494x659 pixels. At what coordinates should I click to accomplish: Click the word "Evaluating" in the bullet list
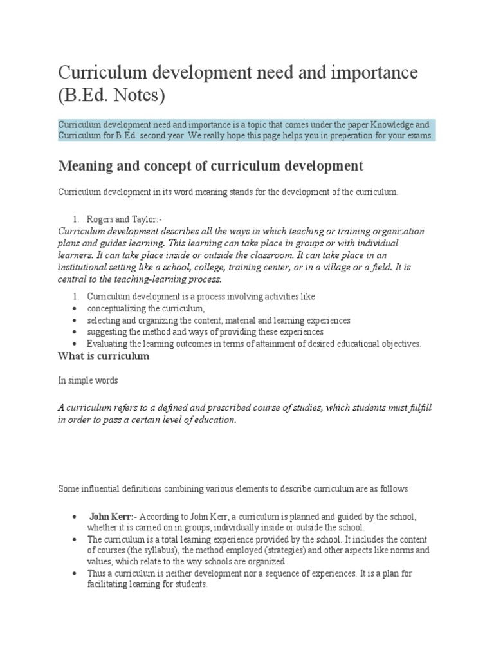click(x=107, y=344)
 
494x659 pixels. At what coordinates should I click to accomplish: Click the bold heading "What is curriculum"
click(x=104, y=356)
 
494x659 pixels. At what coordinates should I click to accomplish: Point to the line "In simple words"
click(x=88, y=380)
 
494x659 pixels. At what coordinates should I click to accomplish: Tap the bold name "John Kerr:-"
click(x=113, y=517)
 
